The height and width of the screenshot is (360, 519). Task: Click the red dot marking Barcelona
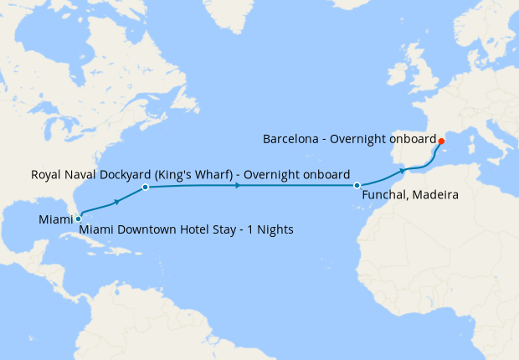click(x=441, y=141)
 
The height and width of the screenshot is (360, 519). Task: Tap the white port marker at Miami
click(x=79, y=219)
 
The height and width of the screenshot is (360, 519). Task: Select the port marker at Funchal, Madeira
click(x=357, y=185)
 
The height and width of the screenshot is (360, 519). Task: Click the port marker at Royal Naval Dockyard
click(x=146, y=188)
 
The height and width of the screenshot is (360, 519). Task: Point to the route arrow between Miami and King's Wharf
click(x=116, y=202)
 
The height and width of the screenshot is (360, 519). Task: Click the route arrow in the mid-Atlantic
click(x=239, y=185)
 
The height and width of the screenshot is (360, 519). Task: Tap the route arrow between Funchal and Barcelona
click(x=403, y=170)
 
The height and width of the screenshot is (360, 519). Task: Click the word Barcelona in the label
click(x=291, y=139)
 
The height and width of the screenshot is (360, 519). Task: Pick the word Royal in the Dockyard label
click(x=47, y=175)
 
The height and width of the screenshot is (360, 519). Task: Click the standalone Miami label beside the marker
click(x=55, y=219)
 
